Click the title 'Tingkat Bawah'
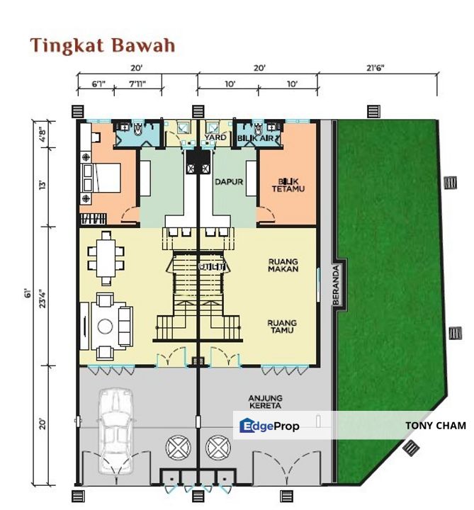tap(102, 46)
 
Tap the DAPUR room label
tap(229, 182)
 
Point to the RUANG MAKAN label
tap(283, 265)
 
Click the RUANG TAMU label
tap(282, 327)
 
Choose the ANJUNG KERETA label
tap(266, 402)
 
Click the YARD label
tap(215, 137)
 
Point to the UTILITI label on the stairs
tap(213, 267)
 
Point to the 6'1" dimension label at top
tap(99, 84)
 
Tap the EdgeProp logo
tap(270, 426)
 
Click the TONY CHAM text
tap(435, 426)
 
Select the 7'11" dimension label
tap(138, 84)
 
